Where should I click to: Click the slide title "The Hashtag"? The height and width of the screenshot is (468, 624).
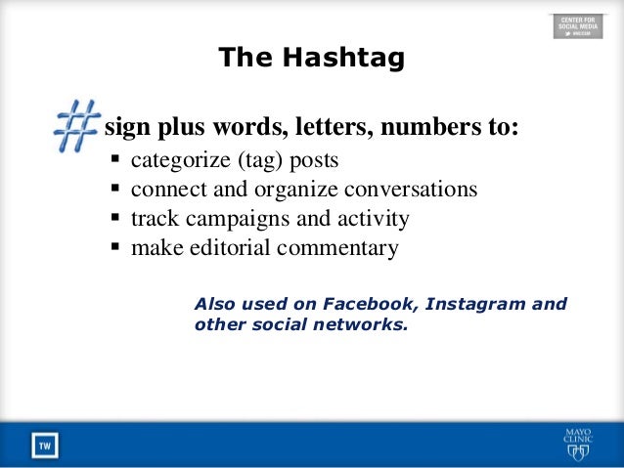click(311, 58)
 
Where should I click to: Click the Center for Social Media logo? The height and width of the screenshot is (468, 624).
click(578, 25)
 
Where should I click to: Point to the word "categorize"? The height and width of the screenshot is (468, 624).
click(176, 159)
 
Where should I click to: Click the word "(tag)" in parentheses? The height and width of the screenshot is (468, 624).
click(248, 159)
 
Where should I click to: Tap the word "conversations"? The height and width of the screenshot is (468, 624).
click(415, 189)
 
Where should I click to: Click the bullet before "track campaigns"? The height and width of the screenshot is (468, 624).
click(116, 218)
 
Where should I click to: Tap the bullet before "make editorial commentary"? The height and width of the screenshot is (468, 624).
click(116, 247)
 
